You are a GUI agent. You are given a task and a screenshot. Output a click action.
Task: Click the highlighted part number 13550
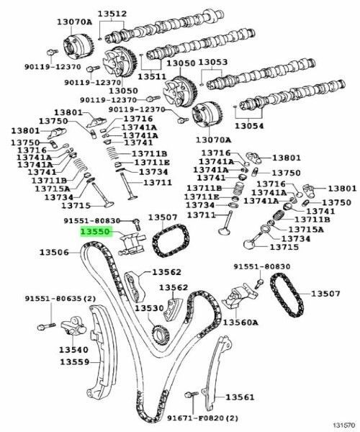95,233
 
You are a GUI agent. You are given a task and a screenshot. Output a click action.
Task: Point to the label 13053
212,63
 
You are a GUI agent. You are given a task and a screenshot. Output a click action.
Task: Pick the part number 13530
150,308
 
